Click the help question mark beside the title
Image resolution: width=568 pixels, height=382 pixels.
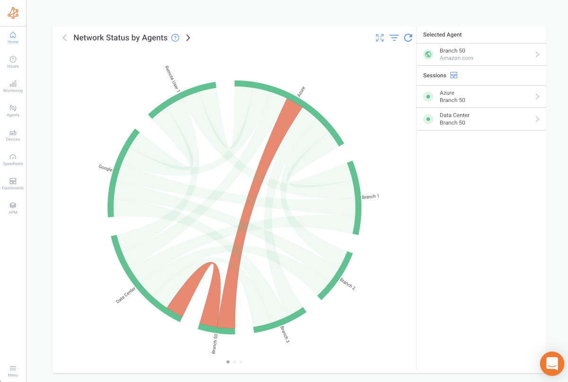coord(175,38)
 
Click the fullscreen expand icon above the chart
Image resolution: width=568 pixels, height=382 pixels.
coord(380,38)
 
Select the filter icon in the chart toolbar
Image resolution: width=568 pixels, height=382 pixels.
coord(394,38)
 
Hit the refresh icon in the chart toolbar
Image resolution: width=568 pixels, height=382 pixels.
coord(408,38)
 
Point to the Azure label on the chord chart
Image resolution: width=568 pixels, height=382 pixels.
coord(301,92)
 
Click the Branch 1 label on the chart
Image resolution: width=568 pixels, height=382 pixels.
coord(370,196)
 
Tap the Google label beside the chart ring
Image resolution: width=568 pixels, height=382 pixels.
coord(105,168)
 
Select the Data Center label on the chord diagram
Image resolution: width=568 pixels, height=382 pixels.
coord(126,295)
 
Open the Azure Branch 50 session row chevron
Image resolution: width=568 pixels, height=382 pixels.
coord(537,97)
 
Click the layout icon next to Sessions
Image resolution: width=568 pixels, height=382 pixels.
coord(454,75)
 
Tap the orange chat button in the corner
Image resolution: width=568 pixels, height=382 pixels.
coord(552,364)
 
